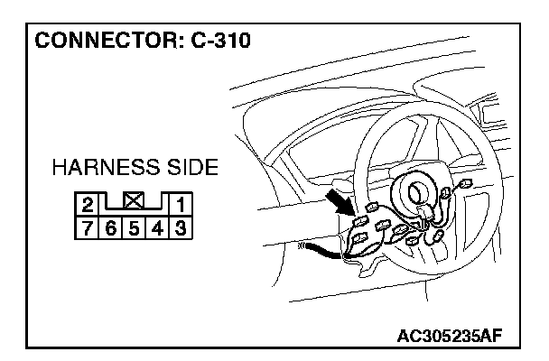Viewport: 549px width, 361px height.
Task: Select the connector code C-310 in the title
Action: coord(218,42)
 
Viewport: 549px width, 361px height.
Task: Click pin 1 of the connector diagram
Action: coord(180,204)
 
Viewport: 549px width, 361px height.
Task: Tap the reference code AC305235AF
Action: coord(450,337)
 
